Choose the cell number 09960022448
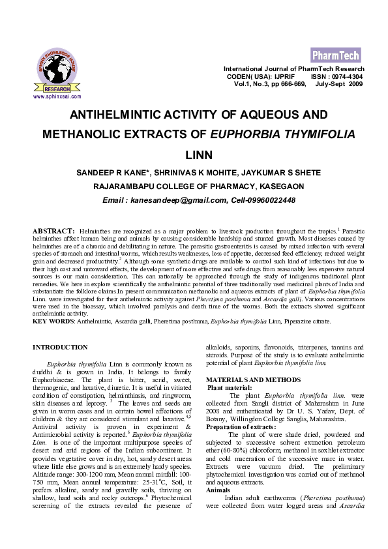pos(268,200)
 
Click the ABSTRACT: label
pos(53,231)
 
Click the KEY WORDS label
pos(53,321)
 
